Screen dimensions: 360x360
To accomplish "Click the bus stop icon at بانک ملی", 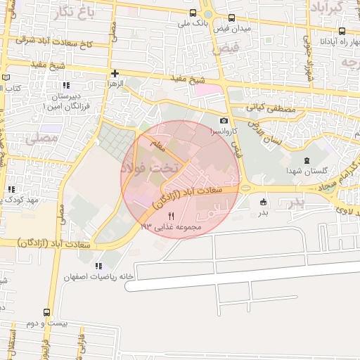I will pyautogui.click(x=193, y=13).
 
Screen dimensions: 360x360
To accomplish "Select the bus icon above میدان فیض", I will pyautogui.click(x=232, y=18).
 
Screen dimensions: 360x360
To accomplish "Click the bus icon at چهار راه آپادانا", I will pyautogui.click(x=342, y=31).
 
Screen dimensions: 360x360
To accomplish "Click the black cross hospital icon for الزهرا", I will pyautogui.click(x=115, y=73).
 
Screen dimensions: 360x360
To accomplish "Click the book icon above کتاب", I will pyautogui.click(x=7, y=77).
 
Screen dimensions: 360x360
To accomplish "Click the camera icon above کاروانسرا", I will pyautogui.click(x=224, y=121).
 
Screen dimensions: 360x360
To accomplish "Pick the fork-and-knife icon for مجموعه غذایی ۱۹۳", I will pyautogui.click(x=171, y=216).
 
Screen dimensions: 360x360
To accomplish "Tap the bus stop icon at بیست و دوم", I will pyautogui.click(x=46, y=312).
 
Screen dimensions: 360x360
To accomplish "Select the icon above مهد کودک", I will pyautogui.click(x=11, y=190).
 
